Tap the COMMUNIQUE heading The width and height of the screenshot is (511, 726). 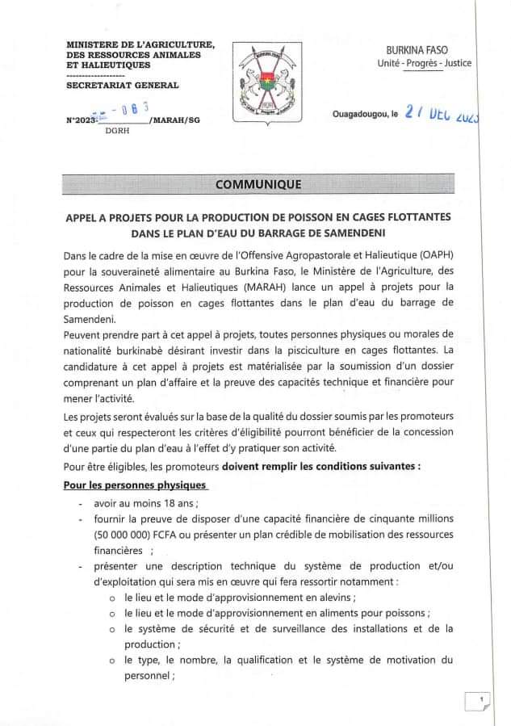[x=258, y=185]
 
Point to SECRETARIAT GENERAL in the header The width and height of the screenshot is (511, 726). [x=122, y=85]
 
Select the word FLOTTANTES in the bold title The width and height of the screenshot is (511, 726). [x=413, y=217]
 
